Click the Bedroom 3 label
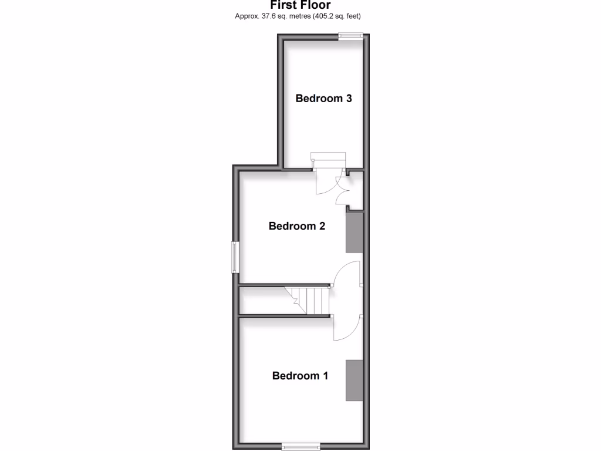[x=323, y=98]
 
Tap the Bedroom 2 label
[x=296, y=225]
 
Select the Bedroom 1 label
[x=300, y=375]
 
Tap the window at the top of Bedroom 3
[x=350, y=36]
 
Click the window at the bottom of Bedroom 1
[x=300, y=446]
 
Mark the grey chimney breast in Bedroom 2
[x=354, y=233]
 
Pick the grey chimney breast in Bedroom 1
[x=354, y=381]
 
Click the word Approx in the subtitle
[x=247, y=16]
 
